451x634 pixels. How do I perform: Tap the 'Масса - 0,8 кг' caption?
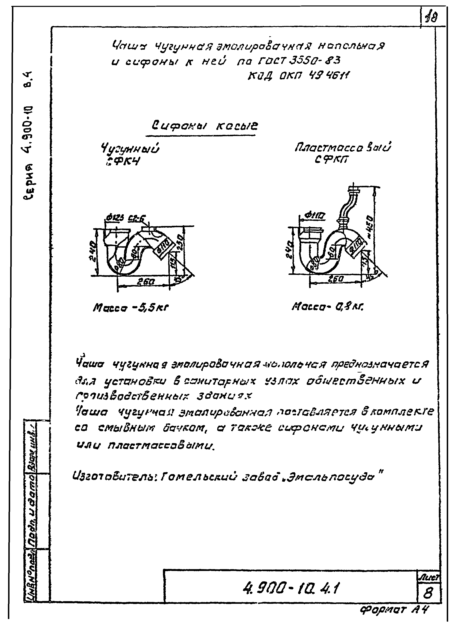coord(328,307)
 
